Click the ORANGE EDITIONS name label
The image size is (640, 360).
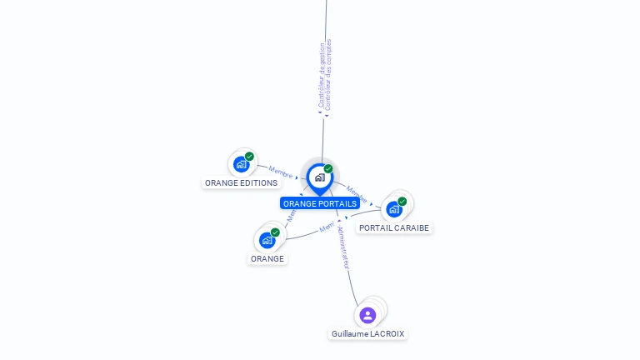click(241, 182)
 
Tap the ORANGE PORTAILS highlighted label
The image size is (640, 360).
click(319, 203)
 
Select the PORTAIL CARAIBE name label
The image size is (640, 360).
click(394, 227)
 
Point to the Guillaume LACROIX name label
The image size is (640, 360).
click(367, 333)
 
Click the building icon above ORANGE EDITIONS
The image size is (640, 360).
click(241, 164)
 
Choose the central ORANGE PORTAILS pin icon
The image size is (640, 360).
click(319, 177)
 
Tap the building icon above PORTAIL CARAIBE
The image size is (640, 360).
click(394, 209)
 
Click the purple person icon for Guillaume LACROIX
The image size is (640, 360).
click(367, 315)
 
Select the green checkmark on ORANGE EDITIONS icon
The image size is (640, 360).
click(249, 157)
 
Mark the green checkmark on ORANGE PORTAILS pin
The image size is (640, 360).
click(328, 168)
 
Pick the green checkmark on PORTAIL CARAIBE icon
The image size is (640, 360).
click(402, 202)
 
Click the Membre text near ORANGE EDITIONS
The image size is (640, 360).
click(280, 172)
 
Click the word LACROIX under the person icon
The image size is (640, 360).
click(387, 333)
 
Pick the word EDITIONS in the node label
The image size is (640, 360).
click(258, 182)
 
